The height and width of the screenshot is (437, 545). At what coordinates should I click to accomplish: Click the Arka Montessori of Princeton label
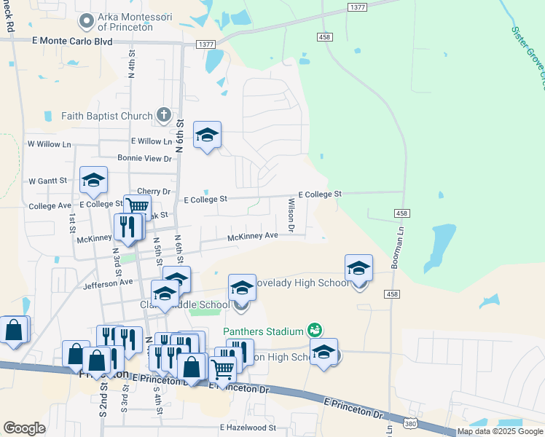pyautogui.click(x=140, y=23)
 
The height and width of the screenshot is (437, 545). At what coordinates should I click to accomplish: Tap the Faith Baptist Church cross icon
pyautogui.click(x=164, y=115)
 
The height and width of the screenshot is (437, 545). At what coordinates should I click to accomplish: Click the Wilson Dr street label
pyautogui.click(x=291, y=216)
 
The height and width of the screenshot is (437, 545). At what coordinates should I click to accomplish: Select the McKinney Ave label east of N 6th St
pyautogui.click(x=253, y=236)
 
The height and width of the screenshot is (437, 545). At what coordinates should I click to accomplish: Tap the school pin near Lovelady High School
pyautogui.click(x=358, y=269)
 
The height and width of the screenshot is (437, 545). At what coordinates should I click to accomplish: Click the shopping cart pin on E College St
pyautogui.click(x=136, y=207)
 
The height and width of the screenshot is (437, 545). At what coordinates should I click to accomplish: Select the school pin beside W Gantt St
pyautogui.click(x=93, y=181)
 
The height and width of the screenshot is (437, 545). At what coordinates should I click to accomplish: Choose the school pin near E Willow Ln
pyautogui.click(x=207, y=135)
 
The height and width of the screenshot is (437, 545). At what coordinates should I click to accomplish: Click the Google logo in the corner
pyautogui.click(x=24, y=428)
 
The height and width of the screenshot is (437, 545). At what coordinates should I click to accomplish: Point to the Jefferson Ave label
pyautogui.click(x=109, y=282)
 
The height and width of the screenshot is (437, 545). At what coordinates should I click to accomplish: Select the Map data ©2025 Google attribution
pyautogui.click(x=500, y=431)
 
